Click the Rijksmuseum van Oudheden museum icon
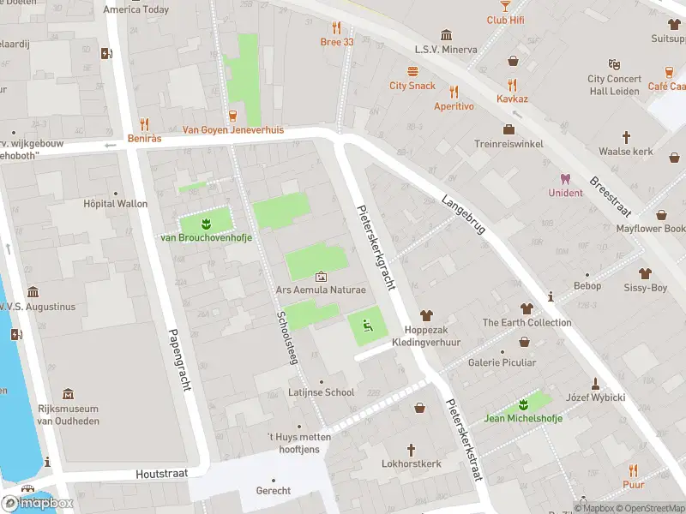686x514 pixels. click(x=69, y=394)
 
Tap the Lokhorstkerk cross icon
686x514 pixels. click(x=411, y=449)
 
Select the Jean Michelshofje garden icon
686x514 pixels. click(x=523, y=404)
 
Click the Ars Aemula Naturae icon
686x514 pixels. click(x=321, y=276)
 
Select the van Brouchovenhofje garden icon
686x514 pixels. click(x=206, y=224)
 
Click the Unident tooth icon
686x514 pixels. click(x=565, y=179)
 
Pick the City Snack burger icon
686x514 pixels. click(x=412, y=71)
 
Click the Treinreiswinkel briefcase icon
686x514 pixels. click(x=508, y=129)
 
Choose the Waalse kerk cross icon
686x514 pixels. click(x=626, y=137)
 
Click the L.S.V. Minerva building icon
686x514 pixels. click(x=446, y=35)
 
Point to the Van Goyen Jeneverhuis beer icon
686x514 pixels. click(x=232, y=116)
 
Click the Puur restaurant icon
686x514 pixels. click(x=633, y=469)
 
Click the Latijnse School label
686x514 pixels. click(x=322, y=392)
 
